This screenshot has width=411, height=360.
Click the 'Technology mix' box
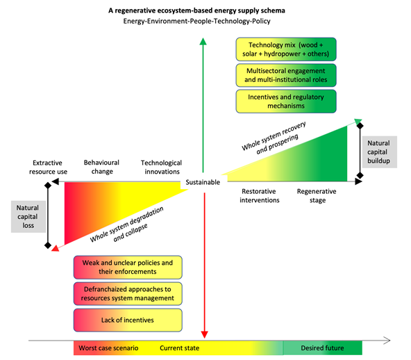click(286, 49)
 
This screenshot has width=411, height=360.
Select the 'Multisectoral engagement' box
click(286, 75)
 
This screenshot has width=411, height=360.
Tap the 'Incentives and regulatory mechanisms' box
click(286, 101)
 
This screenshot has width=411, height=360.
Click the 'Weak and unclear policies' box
click(128, 267)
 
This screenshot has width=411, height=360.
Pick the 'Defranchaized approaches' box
click(128, 293)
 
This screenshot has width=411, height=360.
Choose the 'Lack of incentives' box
click(128, 320)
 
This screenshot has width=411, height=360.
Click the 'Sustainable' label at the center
click(203, 182)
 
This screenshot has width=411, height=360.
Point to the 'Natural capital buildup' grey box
click(380, 152)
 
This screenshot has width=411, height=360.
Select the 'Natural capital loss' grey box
click(28, 216)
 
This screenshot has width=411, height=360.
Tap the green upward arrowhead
click(203, 42)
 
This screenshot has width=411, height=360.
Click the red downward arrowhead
click(204, 334)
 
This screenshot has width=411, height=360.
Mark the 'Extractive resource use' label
click(48, 167)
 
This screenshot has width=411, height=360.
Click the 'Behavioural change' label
click(101, 167)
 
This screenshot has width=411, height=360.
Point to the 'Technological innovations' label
click(162, 167)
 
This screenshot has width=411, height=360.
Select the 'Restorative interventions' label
click(259, 196)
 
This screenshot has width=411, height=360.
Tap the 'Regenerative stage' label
click(317, 196)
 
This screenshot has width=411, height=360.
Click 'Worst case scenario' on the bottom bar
click(108, 348)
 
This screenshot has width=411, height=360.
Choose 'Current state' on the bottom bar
click(180, 348)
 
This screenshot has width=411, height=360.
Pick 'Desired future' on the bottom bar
click(322, 348)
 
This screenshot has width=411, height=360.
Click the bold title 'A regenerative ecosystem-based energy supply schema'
click(197, 10)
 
